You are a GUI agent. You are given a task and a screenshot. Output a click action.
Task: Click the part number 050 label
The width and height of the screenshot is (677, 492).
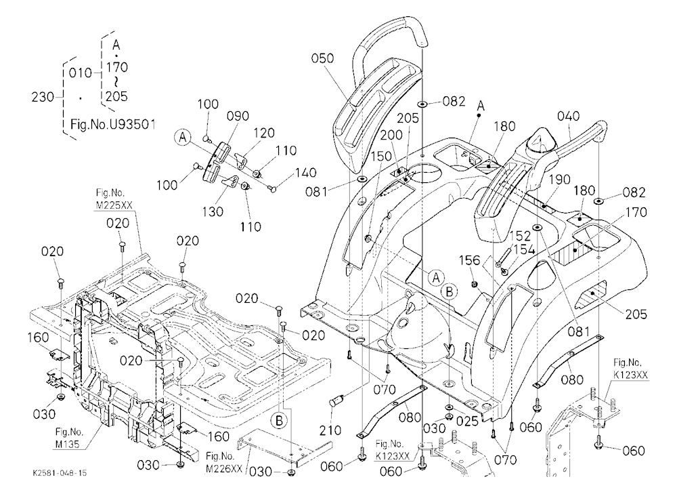pyautogui.click(x=322, y=58)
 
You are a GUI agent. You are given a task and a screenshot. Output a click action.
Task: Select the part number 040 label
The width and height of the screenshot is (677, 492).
pyautogui.click(x=568, y=117)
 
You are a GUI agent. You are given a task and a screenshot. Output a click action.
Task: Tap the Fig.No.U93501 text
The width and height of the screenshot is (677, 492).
pyautogui.click(x=112, y=125)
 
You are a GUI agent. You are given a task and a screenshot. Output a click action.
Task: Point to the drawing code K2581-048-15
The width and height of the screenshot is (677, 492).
pyautogui.click(x=59, y=473)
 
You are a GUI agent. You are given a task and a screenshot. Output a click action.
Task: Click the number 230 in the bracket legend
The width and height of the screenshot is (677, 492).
pyautogui.click(x=43, y=97)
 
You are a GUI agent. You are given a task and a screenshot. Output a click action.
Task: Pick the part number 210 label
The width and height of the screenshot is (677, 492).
pyautogui.click(x=330, y=430)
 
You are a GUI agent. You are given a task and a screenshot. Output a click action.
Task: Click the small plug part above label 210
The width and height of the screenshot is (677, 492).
pyautogui.click(x=337, y=401)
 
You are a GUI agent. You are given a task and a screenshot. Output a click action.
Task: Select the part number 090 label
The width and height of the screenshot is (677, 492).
pyautogui.click(x=238, y=116)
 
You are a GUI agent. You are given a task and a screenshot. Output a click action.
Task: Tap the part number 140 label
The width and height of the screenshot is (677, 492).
pyautogui.click(x=306, y=173)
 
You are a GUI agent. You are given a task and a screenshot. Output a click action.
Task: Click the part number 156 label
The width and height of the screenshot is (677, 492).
pyautogui.click(x=469, y=260)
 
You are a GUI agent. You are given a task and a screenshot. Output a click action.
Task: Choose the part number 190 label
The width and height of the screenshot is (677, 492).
pyautogui.click(x=560, y=180)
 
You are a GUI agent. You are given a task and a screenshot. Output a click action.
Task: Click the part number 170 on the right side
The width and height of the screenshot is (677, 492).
pyautogui.click(x=636, y=212)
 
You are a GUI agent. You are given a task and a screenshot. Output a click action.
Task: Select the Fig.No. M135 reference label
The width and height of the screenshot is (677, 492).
pyautogui.click(x=70, y=438)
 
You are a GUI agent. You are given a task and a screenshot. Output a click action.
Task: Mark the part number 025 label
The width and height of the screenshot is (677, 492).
pyautogui.click(x=467, y=420)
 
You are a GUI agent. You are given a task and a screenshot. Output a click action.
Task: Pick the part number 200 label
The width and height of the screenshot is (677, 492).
pyautogui.click(x=391, y=136)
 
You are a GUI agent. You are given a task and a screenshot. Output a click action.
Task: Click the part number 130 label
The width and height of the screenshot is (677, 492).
pyautogui.click(x=213, y=211)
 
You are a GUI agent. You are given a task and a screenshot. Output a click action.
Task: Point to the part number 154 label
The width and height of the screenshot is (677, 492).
pyautogui.click(x=524, y=249)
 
